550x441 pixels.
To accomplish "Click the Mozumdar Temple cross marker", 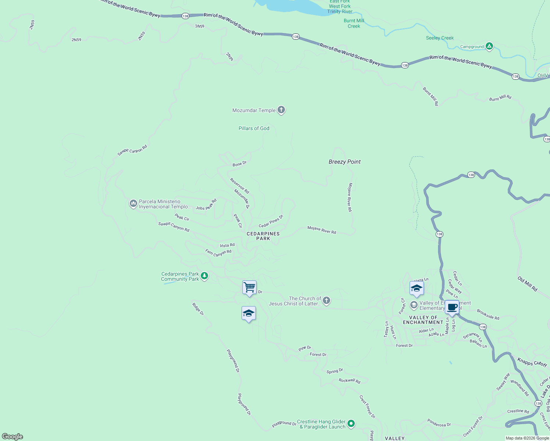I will click(281, 110).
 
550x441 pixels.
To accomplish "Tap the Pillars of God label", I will click(254, 128).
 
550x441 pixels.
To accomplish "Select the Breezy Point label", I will click(344, 162).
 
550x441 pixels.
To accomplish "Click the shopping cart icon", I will click(249, 287).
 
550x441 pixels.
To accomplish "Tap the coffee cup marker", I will click(452, 307).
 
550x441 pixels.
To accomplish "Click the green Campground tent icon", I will click(489, 46).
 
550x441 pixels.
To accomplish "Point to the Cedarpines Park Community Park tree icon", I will click(204, 276).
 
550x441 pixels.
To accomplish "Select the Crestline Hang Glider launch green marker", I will click(351, 424).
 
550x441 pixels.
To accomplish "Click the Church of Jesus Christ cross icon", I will click(326, 301).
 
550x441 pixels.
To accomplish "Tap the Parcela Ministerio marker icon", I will click(133, 204).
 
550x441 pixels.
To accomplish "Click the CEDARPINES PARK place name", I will click(263, 236).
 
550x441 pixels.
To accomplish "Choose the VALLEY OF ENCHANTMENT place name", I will click(423, 320).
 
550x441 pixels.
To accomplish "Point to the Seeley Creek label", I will click(440, 38).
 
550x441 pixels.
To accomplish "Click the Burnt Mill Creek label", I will click(354, 23).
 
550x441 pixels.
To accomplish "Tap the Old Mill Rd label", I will click(528, 284).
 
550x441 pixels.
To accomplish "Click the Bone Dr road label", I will click(240, 164).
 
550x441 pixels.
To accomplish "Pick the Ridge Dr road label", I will click(198, 309).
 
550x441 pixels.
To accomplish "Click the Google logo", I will click(12, 437).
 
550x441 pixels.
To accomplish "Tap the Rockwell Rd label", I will click(349, 381).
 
